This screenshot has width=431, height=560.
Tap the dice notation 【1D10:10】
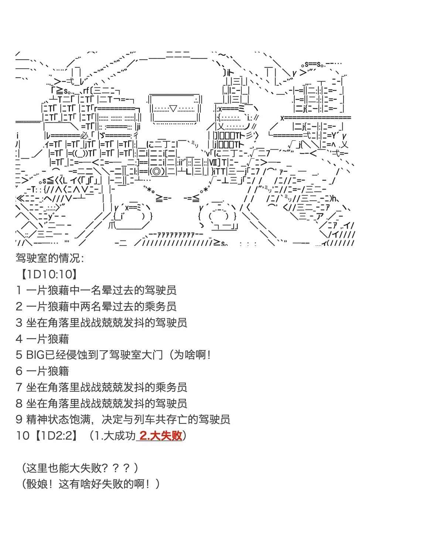click(x=49, y=274)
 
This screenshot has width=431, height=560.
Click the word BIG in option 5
click(x=35, y=355)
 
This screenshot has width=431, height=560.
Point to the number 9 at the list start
click(x=19, y=419)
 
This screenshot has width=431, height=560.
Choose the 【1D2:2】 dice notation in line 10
click(x=55, y=436)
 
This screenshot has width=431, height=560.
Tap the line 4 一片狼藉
click(x=42, y=339)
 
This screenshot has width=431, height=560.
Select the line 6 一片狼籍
click(x=42, y=371)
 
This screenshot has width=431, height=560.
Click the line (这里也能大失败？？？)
click(x=80, y=468)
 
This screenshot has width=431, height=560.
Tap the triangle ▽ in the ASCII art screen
click(x=173, y=109)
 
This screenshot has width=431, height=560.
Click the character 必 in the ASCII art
click(x=85, y=135)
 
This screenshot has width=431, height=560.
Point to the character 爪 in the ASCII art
click(x=112, y=226)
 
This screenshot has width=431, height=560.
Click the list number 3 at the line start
click(x=19, y=323)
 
